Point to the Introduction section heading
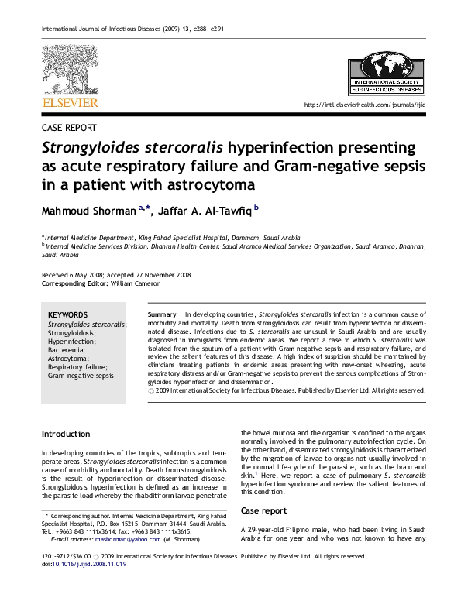tap(66, 434)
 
